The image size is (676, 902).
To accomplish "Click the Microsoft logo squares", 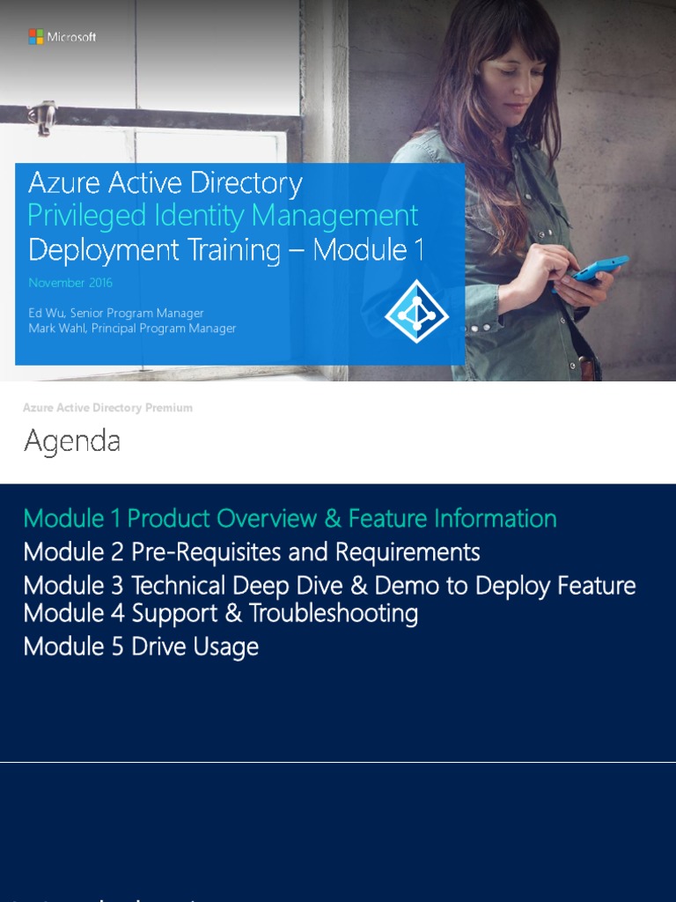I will [x=36, y=37].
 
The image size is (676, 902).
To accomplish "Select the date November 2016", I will [x=70, y=283].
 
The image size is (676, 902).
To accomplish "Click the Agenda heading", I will [x=72, y=440].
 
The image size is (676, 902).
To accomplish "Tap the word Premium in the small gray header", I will [x=172, y=408].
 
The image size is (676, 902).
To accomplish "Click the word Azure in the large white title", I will [x=62, y=182].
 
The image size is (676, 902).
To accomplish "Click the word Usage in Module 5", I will [x=227, y=647].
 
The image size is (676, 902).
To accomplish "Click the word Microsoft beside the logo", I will [x=71, y=37].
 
